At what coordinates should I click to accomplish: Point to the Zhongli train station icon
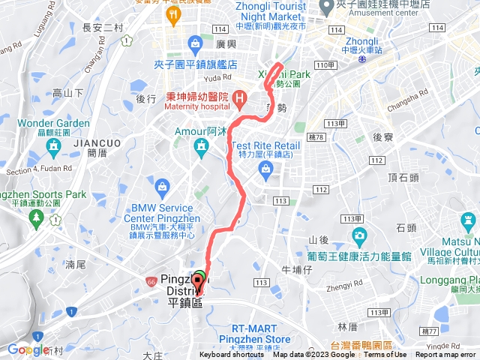(x=362, y=61)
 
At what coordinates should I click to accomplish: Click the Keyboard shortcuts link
(x=232, y=355)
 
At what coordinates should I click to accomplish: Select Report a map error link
(x=446, y=355)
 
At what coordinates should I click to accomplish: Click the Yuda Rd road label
(x=217, y=77)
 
